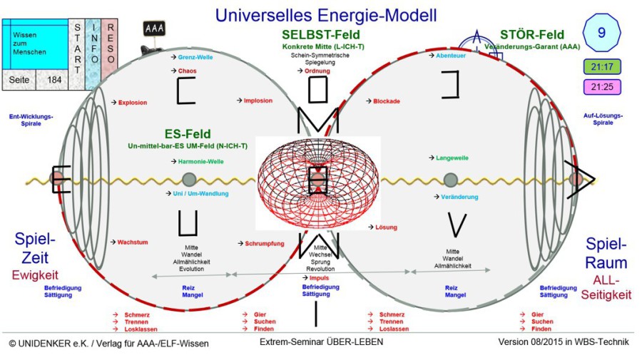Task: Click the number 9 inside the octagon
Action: click(601, 33)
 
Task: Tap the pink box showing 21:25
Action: click(601, 88)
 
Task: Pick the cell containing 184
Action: click(54, 80)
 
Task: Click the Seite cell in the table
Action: click(20, 80)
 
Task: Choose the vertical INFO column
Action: click(93, 45)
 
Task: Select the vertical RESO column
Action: click(110, 45)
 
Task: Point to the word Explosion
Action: click(133, 103)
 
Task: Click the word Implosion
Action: click(258, 101)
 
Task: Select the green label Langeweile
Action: click(454, 158)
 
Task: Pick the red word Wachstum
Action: click(133, 242)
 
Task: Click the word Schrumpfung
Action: click(264, 243)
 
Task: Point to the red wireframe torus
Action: click(317, 182)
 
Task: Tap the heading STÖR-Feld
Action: click(531, 34)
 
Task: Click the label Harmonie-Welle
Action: click(200, 162)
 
